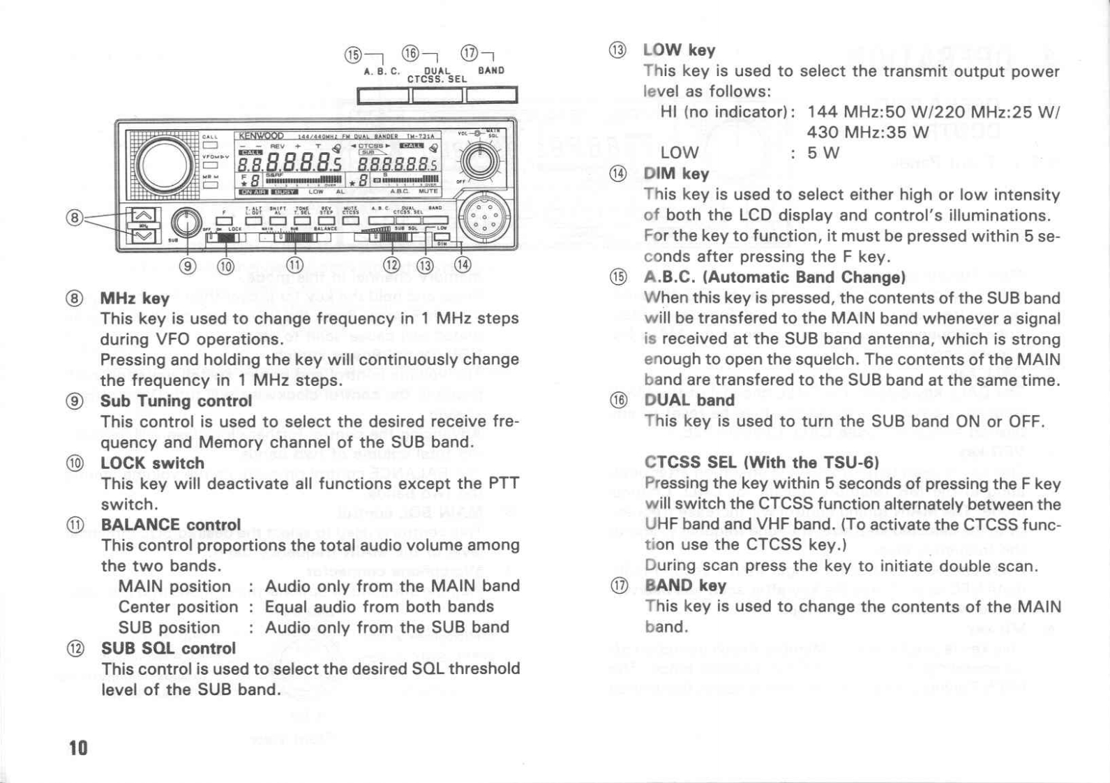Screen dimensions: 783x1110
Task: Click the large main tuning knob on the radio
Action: point(165,165)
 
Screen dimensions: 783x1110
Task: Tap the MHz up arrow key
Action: point(143,215)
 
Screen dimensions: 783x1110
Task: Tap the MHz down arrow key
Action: point(143,237)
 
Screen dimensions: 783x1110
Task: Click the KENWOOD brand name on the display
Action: point(261,135)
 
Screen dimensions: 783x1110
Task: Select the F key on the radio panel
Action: point(224,221)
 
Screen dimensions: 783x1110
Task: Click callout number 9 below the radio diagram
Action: point(188,265)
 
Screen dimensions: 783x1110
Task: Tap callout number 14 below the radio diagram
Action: point(463,264)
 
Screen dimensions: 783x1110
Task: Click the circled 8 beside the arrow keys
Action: point(75,218)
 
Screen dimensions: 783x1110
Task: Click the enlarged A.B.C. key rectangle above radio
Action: point(382,95)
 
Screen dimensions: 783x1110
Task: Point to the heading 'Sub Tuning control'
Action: point(176,401)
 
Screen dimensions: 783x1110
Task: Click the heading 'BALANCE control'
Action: point(171,525)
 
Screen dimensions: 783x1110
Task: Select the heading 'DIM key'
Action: point(676,174)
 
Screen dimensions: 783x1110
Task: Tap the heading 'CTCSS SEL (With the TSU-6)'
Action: point(761,463)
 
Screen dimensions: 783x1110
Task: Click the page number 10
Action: point(78,748)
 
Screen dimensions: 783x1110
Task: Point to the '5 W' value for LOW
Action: point(823,152)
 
